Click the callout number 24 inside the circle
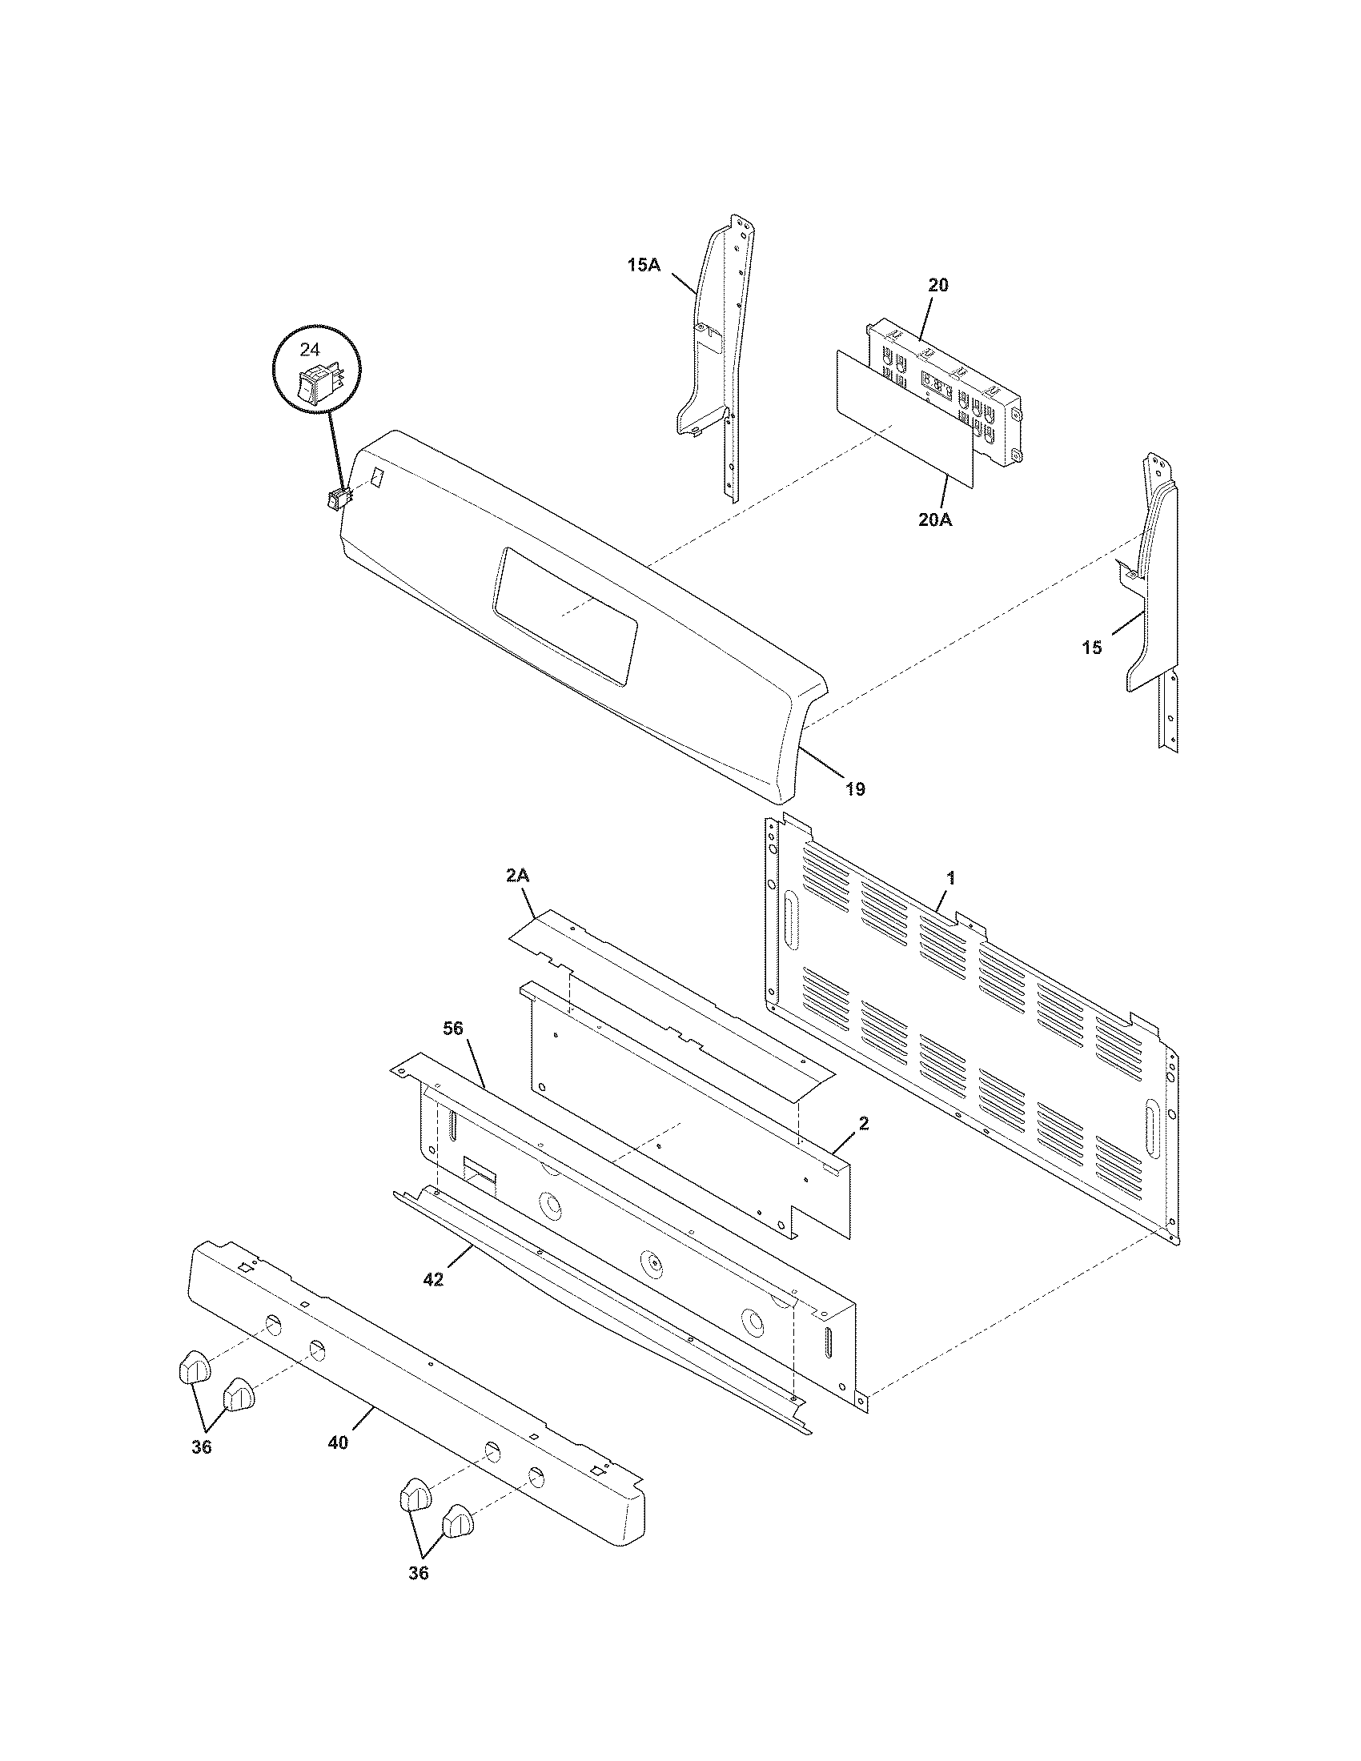point(310,349)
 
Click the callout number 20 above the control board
point(938,285)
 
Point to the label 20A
point(935,520)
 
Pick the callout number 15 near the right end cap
point(1092,647)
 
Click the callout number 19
point(856,789)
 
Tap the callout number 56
point(454,1028)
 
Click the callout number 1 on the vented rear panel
point(950,878)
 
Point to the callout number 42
point(433,1280)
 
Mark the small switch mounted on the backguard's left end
point(339,501)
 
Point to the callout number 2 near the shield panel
point(864,1123)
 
